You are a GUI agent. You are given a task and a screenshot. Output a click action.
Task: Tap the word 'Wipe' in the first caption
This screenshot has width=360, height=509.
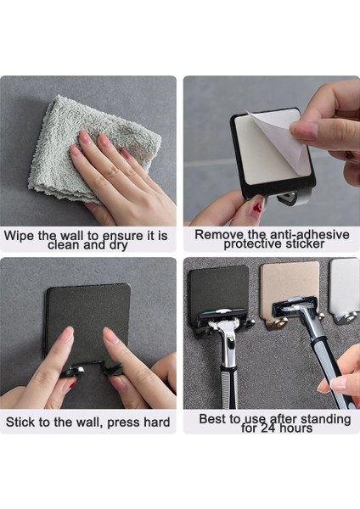[x=20, y=234]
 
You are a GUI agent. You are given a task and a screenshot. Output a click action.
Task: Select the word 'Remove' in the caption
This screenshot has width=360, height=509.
[x=217, y=233]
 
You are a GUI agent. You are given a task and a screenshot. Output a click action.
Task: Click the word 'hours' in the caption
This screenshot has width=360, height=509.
[x=292, y=428]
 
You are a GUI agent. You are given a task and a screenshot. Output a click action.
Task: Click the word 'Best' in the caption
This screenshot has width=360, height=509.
[x=213, y=418]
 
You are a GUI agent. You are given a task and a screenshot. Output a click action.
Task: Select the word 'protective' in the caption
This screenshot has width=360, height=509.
[x=255, y=244]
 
